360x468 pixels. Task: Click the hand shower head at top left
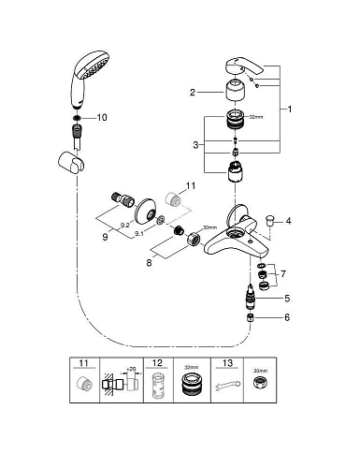90,78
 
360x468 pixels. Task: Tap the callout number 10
102,117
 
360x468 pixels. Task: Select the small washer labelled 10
78,118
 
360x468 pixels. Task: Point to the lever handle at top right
244,66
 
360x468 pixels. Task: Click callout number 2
193,93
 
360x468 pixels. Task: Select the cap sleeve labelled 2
235,90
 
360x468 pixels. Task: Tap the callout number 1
290,110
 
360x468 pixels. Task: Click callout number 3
195,145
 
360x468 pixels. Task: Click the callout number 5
287,299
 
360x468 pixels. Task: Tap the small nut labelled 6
251,318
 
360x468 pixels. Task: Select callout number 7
283,274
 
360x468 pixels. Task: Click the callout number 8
149,263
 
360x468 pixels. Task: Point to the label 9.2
125,226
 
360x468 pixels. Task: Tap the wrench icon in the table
228,386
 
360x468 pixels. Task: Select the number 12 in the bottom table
158,363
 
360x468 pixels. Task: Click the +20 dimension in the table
131,369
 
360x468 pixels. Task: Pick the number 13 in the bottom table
227,363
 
